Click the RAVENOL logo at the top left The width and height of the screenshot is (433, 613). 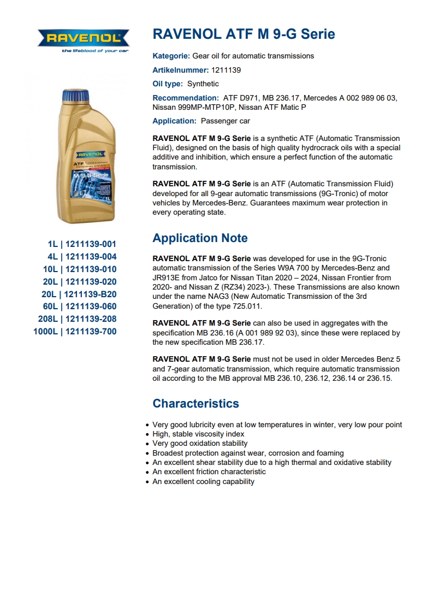coord(83,38)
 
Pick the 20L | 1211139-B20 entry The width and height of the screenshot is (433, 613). coord(79,294)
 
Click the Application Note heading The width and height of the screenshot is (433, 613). coord(200,238)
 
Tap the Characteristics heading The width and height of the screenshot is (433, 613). coord(195,404)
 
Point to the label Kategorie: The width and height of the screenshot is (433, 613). coord(171,56)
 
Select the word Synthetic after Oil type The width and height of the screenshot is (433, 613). coord(203,84)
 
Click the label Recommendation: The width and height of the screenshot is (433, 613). coord(186,98)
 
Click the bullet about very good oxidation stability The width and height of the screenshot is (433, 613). coord(200,444)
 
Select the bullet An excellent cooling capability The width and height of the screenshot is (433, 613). coord(203,481)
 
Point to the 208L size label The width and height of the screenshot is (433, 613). coord(48,319)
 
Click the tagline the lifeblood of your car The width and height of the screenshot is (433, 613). coord(94,51)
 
